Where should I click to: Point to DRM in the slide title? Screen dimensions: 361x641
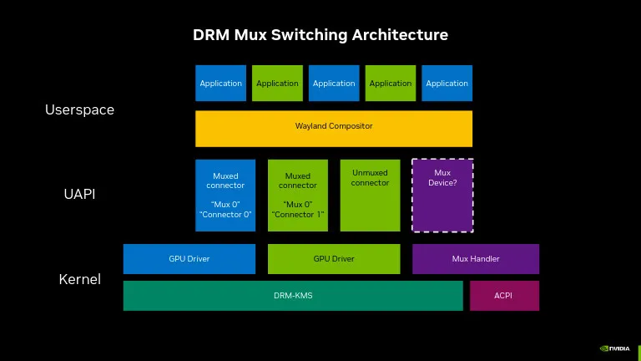coord(210,35)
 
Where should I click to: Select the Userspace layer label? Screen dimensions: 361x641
coord(79,109)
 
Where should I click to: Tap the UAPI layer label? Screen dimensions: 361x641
coord(79,194)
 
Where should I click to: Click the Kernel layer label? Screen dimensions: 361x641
coord(79,279)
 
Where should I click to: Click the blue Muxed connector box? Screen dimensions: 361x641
coord(225,195)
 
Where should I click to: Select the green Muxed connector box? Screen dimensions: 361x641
coord(298,195)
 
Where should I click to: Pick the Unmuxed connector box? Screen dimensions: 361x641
coord(370,195)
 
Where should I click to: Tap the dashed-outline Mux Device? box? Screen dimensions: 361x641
coord(442,195)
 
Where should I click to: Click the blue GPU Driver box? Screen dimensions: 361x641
coord(189,259)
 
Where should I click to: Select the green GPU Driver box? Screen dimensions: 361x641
coord(334,259)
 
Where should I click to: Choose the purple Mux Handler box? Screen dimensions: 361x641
coord(476,259)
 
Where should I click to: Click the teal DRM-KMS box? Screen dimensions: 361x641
coord(293,296)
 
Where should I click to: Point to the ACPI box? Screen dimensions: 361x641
coord(504,296)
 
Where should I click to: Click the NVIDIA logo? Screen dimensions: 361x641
coord(615,348)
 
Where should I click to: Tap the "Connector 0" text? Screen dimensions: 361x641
coord(225,215)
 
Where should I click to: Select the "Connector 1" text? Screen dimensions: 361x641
coord(298,215)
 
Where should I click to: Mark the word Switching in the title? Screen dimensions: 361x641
coord(313,35)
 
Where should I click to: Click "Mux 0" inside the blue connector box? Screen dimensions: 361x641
coord(225,204)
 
